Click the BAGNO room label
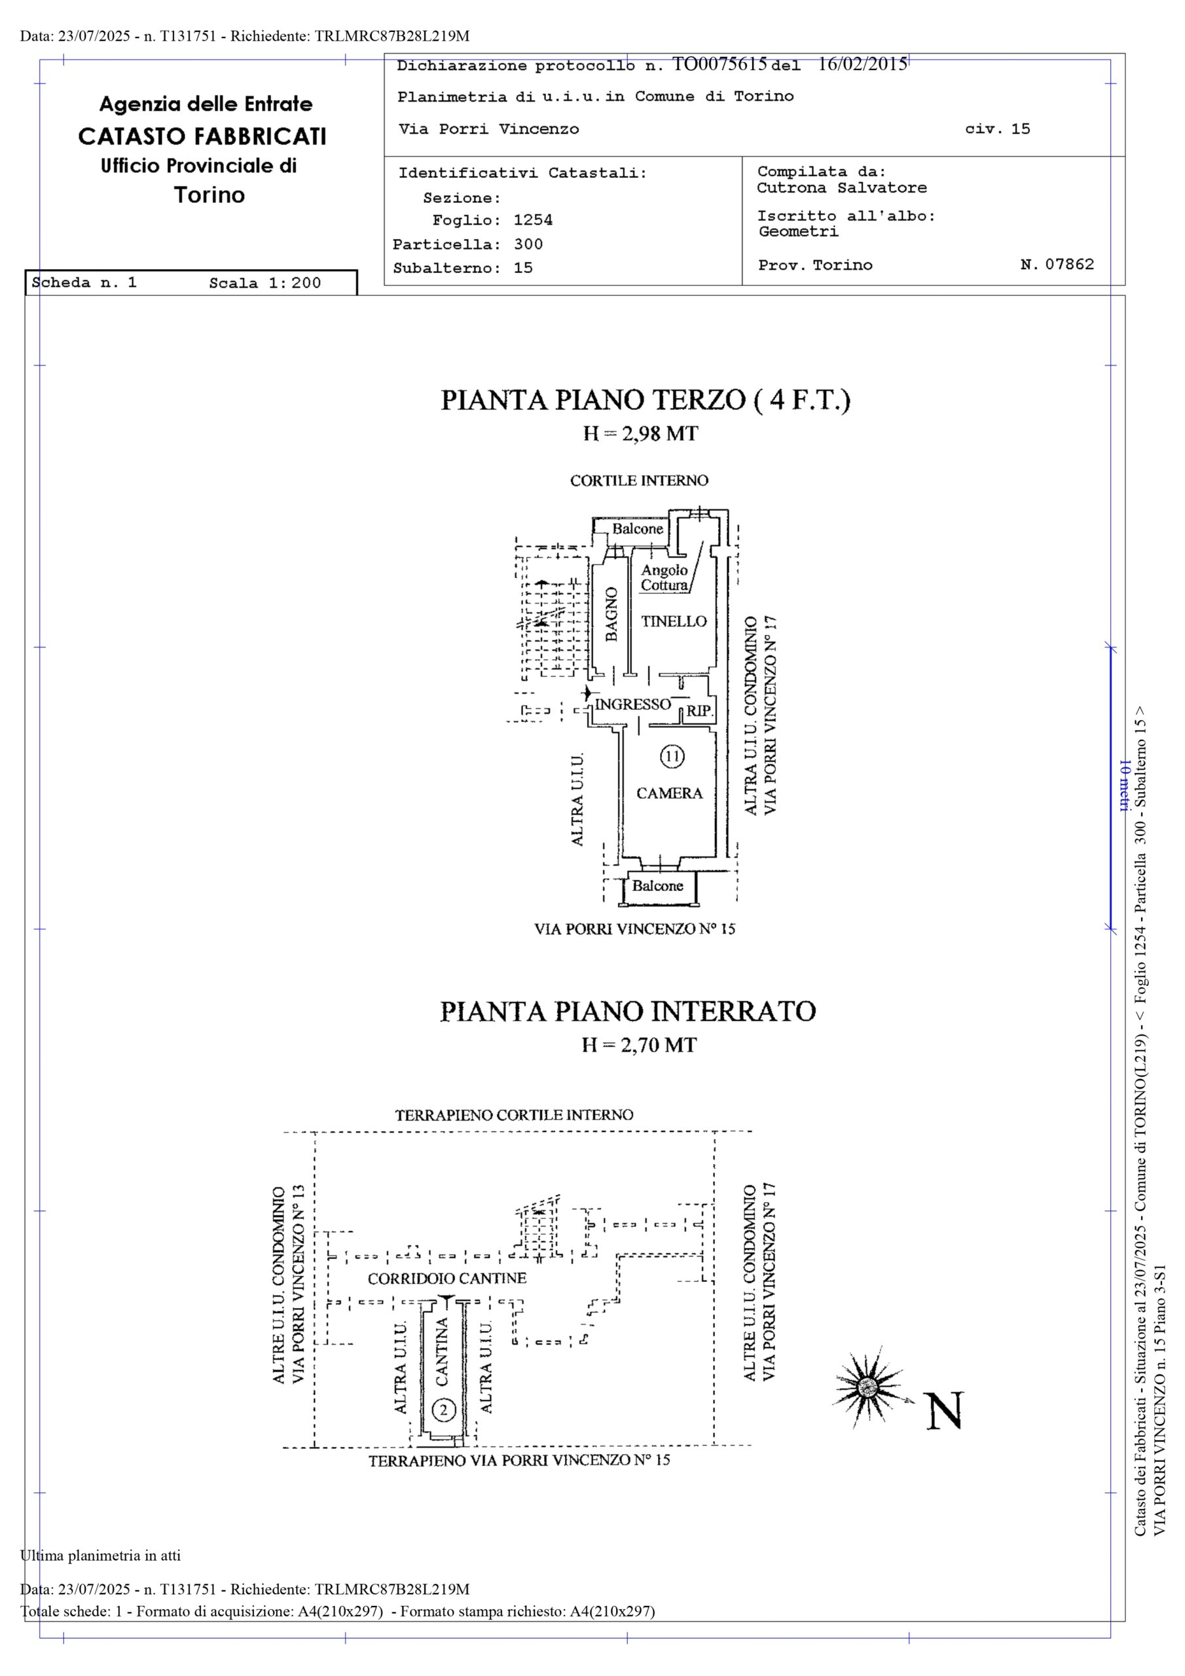pos(612,614)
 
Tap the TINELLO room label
pos(674,621)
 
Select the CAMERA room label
pos(669,793)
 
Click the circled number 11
pos(672,756)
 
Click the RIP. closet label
pos(699,710)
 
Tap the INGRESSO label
pos(632,704)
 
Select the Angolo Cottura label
pos(665,577)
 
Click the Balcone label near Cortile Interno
pos(638,528)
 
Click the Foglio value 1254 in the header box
pos(533,220)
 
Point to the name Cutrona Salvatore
pos(841,188)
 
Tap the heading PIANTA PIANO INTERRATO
pos(627,1011)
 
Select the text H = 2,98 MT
pos(640,433)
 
